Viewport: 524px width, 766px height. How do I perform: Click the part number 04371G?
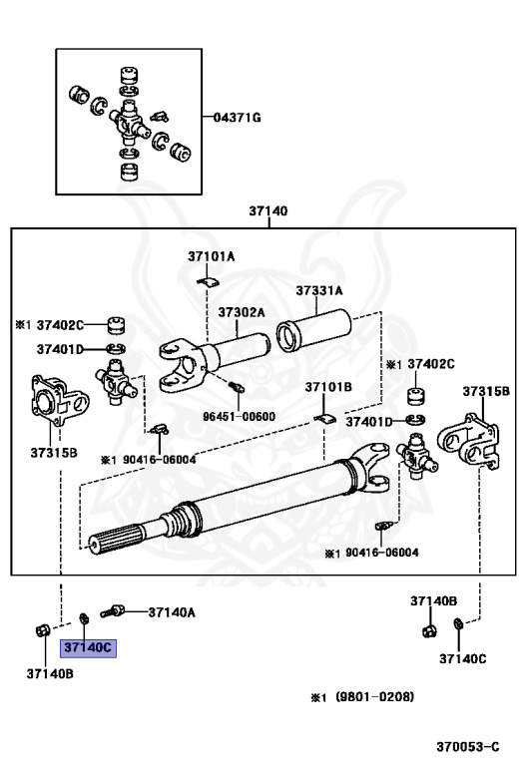[x=238, y=118]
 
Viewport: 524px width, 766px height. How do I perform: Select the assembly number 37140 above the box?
[x=268, y=211]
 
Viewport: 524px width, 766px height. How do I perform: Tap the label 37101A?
[x=212, y=256]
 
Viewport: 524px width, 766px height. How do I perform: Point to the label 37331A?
[x=319, y=290]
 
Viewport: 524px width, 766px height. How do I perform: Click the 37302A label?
[x=242, y=312]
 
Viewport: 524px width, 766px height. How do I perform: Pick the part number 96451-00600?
[x=239, y=417]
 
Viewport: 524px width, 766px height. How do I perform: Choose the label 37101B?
[x=328, y=387]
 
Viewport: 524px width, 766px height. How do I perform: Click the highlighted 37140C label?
[x=88, y=647]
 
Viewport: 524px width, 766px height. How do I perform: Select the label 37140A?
[x=172, y=612]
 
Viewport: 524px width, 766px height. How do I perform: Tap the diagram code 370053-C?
[x=468, y=747]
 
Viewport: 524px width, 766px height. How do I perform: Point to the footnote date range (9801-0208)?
[x=374, y=696]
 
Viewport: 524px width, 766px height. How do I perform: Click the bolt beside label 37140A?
[x=113, y=611]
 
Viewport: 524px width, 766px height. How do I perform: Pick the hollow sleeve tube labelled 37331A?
[x=314, y=330]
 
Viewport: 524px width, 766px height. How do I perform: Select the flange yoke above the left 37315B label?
[x=60, y=399]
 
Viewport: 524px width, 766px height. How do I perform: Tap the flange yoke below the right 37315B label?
[x=469, y=440]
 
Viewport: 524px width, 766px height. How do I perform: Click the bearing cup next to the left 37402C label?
[x=116, y=326]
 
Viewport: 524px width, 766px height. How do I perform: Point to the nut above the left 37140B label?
[x=43, y=630]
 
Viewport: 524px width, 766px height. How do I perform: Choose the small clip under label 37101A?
[x=209, y=281]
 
